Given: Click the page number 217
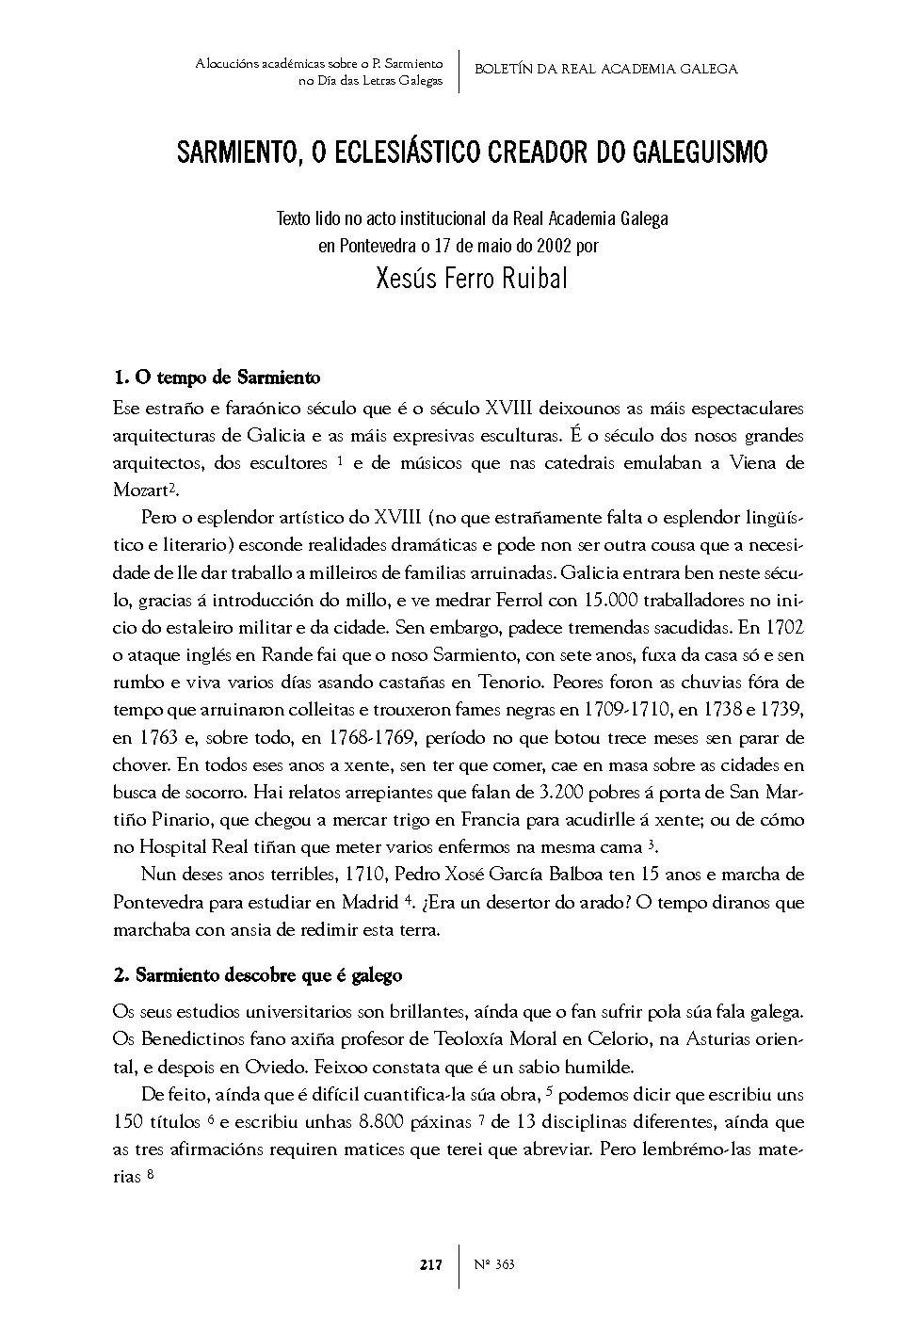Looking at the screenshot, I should [430, 1264].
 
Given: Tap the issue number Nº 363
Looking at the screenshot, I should [494, 1264].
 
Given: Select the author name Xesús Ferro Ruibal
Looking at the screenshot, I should [472, 280].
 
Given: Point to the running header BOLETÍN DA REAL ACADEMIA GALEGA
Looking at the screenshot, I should [605, 69].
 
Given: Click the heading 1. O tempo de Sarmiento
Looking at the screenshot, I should [217, 378].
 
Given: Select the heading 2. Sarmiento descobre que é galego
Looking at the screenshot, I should [257, 975].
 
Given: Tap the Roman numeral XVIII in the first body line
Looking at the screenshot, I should [508, 409].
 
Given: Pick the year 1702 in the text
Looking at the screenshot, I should [783, 627].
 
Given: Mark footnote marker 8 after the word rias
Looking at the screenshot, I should [151, 1175].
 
